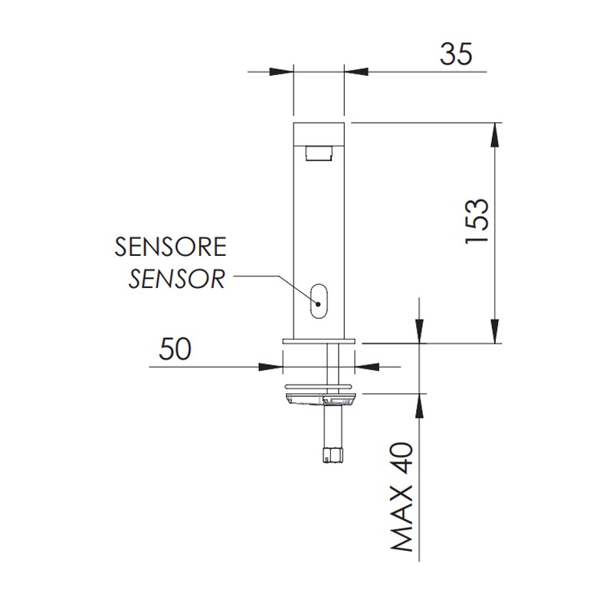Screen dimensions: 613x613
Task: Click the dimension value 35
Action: (x=456, y=54)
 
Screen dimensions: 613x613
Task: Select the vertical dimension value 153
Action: (x=476, y=223)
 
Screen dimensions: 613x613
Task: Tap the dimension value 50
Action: (x=174, y=349)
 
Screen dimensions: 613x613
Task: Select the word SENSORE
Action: (x=170, y=247)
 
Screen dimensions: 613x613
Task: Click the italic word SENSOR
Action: (x=176, y=279)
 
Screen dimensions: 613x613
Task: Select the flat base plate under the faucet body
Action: (x=319, y=340)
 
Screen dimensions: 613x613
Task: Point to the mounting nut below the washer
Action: (x=319, y=398)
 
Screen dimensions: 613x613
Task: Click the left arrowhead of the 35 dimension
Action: (x=284, y=72)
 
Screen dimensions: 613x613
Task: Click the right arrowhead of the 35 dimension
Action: (x=355, y=72)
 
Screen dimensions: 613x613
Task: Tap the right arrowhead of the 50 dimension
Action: (x=366, y=366)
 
